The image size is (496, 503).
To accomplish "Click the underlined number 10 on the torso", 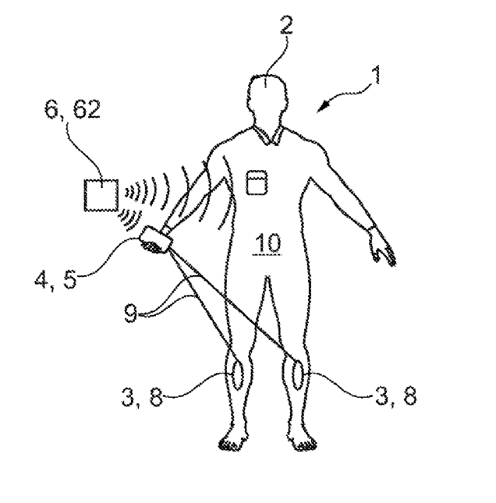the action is [265, 243].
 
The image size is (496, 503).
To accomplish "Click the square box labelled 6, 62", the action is [101, 193].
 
